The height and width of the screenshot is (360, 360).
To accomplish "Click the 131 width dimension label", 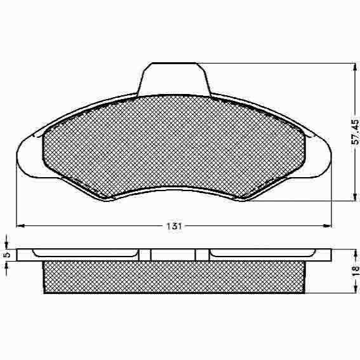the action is (174, 226).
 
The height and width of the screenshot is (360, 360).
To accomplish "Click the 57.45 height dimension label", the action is (355, 131).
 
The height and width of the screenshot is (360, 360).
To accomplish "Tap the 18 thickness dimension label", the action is (356, 270).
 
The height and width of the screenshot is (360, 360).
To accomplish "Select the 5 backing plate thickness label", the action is (7, 255).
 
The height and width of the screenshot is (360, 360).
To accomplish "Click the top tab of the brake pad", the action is (174, 79).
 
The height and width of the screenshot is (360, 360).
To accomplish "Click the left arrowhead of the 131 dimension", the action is (20, 226).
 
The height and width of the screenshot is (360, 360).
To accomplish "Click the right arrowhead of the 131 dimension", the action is (328, 226).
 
